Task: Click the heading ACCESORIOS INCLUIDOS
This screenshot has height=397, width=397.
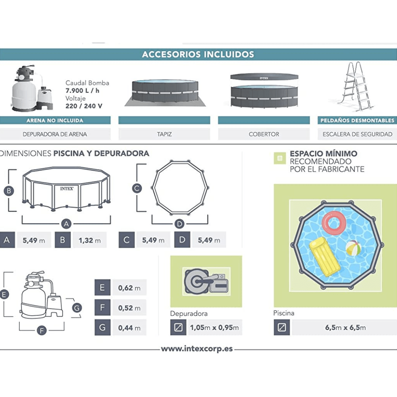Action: tap(198, 54)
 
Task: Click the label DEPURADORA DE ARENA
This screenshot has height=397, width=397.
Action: tap(55, 134)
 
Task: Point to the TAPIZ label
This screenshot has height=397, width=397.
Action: tap(164, 134)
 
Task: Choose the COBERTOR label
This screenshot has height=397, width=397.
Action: tap(264, 134)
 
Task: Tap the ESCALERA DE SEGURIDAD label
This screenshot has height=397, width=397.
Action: tap(357, 134)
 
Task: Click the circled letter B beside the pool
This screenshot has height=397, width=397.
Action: tap(9, 191)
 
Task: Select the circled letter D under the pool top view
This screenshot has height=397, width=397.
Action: tap(179, 225)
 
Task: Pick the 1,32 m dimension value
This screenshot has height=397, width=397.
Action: tap(89, 240)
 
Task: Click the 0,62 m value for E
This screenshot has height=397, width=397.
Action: tap(129, 288)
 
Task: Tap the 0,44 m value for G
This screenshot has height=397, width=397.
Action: tap(129, 328)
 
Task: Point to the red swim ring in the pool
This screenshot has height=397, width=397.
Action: tap(334, 223)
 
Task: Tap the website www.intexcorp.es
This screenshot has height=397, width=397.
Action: tap(197, 349)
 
